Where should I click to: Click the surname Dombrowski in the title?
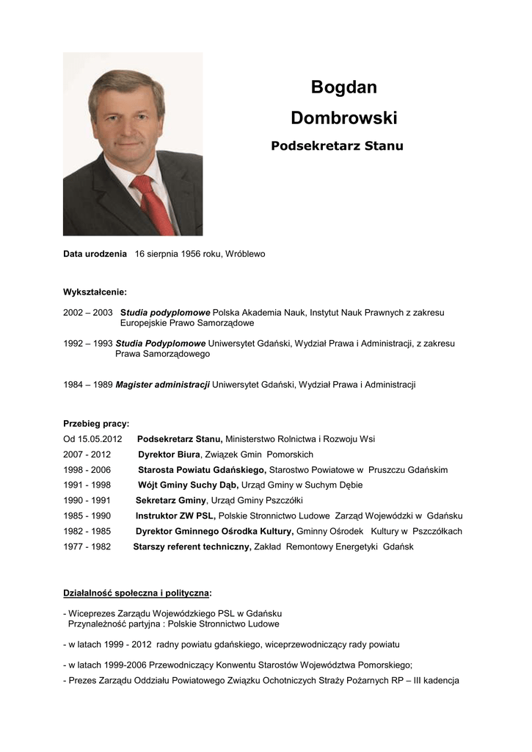pos(343,117)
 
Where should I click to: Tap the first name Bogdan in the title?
pos(343,87)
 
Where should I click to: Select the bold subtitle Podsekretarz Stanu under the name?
pos(337,146)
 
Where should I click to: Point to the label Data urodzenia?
pos(95,254)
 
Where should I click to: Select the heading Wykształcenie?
pos(95,292)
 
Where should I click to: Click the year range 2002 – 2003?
pos(87,312)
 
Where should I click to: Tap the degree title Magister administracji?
pos(163,385)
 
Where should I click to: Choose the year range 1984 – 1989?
pos(87,385)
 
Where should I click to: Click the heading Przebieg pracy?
pos(96,424)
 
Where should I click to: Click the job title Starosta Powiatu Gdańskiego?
pos(202,470)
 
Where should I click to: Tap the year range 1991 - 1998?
pos(87,485)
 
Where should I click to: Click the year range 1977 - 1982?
pos(87,547)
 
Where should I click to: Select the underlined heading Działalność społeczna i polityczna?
pos(136,593)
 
